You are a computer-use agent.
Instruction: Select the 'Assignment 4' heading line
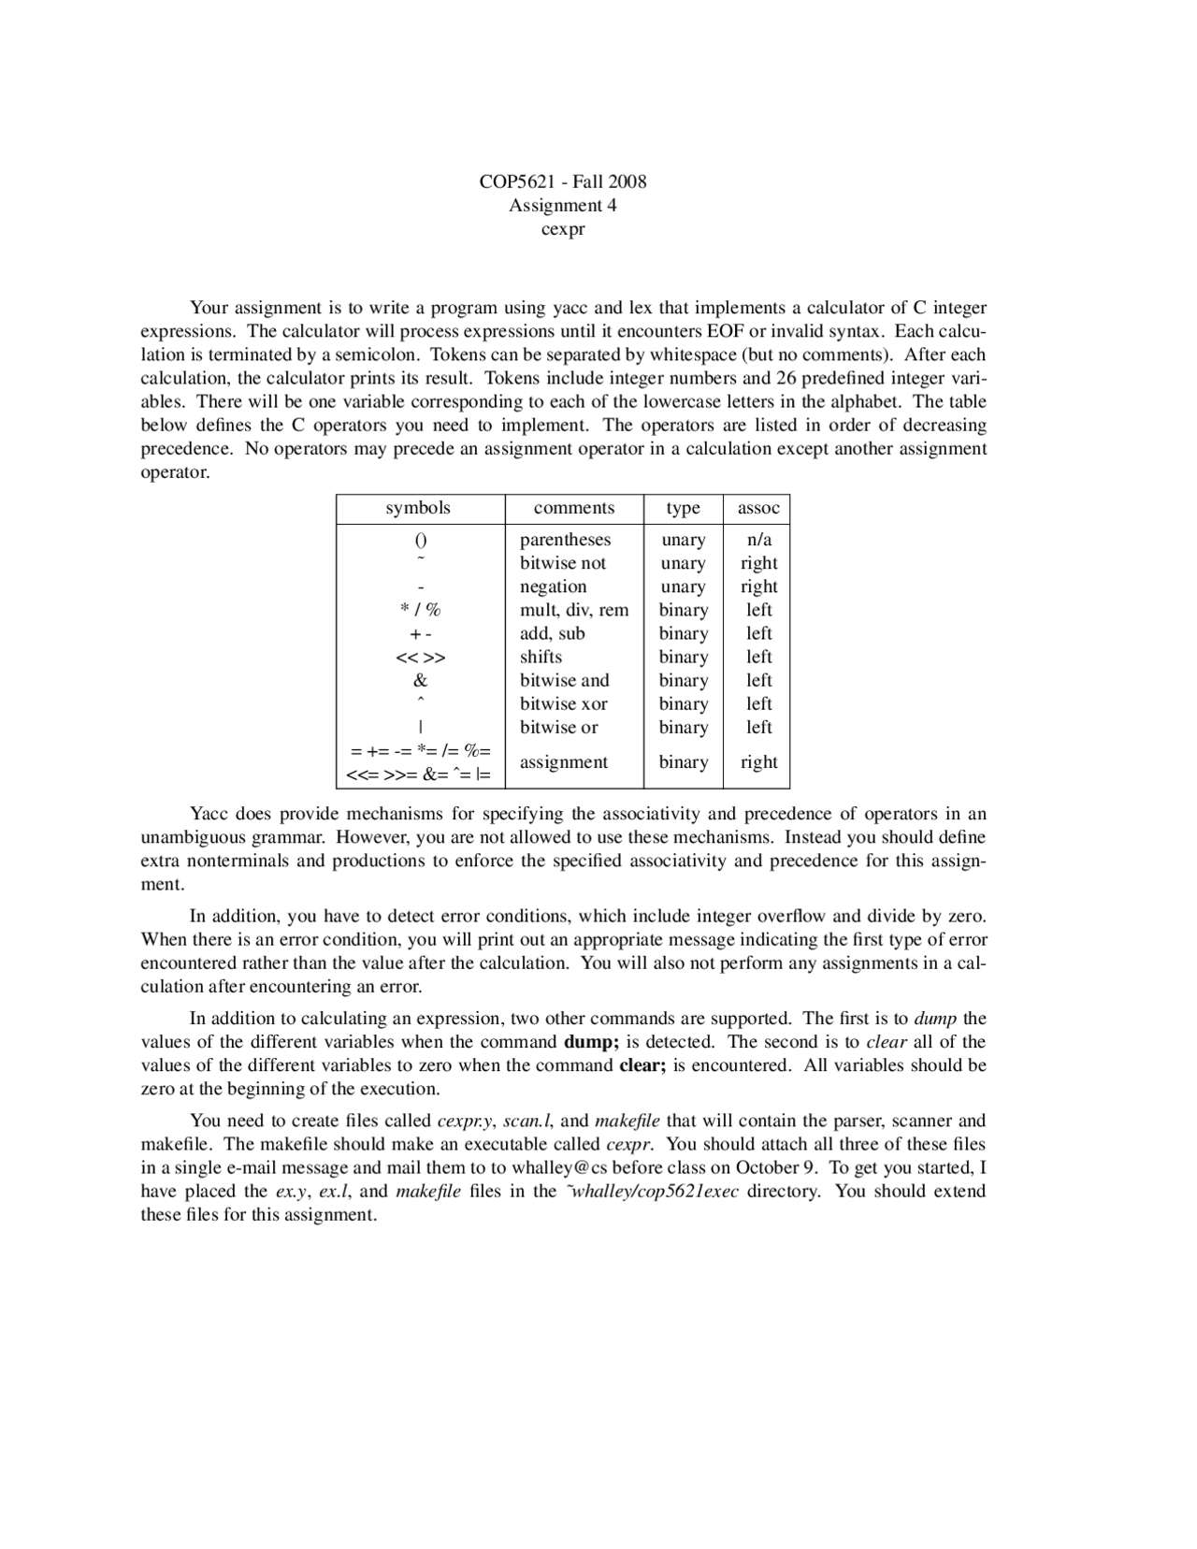click(x=563, y=205)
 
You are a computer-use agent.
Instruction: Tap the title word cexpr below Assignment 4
click(x=563, y=228)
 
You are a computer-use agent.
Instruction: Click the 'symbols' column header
click(x=418, y=508)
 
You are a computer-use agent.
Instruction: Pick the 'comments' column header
click(x=574, y=508)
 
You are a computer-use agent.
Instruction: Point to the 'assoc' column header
click(x=758, y=508)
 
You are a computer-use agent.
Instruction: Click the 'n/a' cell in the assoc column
click(x=758, y=540)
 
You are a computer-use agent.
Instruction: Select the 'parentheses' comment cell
click(x=565, y=540)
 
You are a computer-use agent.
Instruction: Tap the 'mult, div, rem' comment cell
click(x=574, y=610)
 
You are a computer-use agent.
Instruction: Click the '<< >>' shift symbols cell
click(x=421, y=658)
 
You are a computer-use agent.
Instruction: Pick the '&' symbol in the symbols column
click(x=421, y=681)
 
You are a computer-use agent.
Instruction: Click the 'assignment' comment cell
click(x=564, y=762)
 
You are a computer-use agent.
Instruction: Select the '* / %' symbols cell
click(x=421, y=610)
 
